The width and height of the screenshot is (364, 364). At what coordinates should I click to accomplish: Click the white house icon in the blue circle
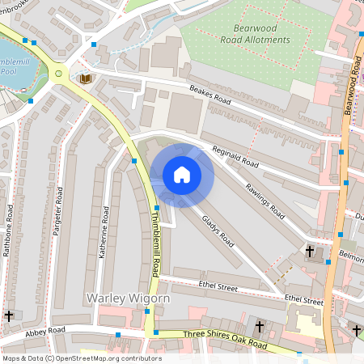tap(182, 175)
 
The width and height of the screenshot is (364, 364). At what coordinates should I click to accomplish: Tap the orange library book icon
tap(85, 78)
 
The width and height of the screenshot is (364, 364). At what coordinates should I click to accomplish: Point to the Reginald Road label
tap(235, 156)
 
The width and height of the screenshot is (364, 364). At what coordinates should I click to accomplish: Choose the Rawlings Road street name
tap(266, 200)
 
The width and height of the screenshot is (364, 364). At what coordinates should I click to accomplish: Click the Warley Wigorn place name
tap(128, 298)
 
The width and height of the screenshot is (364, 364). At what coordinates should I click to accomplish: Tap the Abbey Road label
tap(44, 331)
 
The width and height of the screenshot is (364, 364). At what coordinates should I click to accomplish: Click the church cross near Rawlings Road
tap(309, 252)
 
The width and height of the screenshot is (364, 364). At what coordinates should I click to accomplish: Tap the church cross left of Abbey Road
tap(9, 315)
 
